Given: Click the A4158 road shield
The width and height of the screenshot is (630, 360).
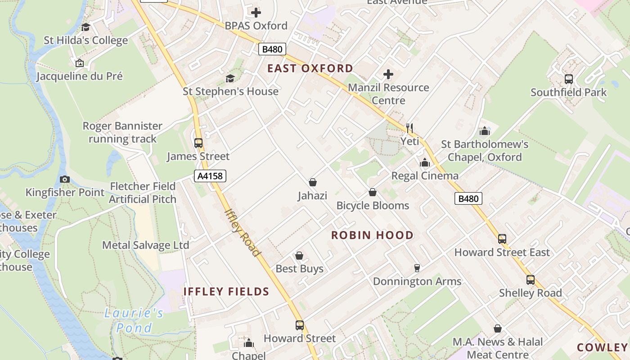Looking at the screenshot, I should coord(210,176).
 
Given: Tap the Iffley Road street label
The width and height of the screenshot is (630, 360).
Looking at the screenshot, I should coord(242,232).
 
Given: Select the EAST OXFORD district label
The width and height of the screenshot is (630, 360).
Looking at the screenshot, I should coord(310,68).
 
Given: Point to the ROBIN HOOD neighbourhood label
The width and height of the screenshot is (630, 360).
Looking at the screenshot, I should coord(372,235).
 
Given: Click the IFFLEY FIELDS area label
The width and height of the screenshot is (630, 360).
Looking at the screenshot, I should coord(226,292).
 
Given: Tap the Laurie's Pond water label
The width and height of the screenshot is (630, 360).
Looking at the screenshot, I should coord(134,320).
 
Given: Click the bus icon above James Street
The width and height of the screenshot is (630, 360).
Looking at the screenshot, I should coord(198,143).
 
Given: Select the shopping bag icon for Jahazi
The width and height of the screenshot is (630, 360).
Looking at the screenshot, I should coord(313,182).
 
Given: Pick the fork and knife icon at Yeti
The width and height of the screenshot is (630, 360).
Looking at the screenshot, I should coord(409,128).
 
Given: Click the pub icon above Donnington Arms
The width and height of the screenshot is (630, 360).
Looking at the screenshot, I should coord(417,268).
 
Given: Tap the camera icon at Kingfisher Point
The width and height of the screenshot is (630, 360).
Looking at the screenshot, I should coord(65,179).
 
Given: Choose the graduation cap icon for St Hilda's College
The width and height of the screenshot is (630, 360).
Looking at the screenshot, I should coord(85,27).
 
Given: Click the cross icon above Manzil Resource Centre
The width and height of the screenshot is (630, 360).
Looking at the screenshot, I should coord(388,74).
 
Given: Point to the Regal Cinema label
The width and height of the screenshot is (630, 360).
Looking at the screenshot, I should coord(425,175).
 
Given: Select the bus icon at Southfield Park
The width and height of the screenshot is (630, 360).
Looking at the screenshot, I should coord(569,79).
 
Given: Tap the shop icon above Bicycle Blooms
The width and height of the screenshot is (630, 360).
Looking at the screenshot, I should coord(373,192).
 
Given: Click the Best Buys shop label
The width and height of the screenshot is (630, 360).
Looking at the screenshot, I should coord(299,269).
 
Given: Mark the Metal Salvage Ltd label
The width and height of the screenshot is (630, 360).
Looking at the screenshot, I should coord(145,245).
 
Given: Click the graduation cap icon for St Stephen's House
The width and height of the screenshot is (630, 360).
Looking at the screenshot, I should coord(230,78).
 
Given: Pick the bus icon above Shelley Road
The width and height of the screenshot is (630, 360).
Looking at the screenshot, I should coord(531,280).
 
